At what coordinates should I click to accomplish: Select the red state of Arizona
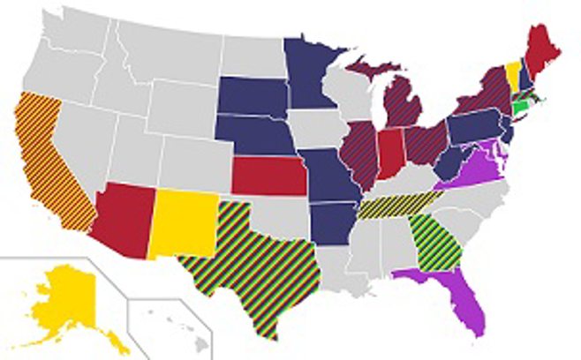tap(124, 217)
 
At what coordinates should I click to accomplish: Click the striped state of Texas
tap(256, 265)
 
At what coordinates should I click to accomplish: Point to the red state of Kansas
tap(269, 175)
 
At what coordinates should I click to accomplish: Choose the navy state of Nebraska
tap(256, 138)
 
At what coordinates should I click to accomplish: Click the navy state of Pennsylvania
tap(477, 128)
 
